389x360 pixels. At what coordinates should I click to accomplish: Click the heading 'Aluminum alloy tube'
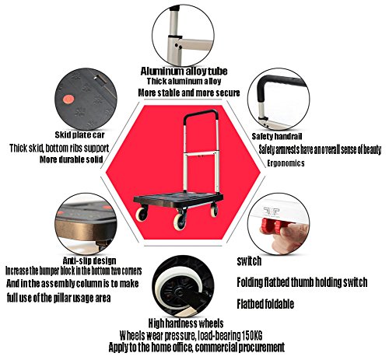point(184,71)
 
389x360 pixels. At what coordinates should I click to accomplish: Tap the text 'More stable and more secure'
point(189,93)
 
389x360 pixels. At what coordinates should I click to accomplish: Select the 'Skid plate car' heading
point(79,135)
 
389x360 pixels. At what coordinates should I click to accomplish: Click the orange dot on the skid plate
point(68,100)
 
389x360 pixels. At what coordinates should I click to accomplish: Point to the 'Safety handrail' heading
point(277,136)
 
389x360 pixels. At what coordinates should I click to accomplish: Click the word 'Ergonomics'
point(286,163)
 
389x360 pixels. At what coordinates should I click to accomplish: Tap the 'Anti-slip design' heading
point(89,260)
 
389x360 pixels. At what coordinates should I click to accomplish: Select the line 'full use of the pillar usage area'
point(59,298)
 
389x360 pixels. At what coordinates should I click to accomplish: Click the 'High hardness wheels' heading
point(186,323)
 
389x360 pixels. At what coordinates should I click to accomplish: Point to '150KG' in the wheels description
point(252,336)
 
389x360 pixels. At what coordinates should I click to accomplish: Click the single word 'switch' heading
point(249,261)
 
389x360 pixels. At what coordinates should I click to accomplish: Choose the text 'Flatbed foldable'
point(265,304)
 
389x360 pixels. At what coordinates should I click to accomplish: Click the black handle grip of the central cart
point(200,113)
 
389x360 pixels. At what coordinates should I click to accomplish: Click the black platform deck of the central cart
point(178,200)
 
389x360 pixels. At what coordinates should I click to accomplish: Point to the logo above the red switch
point(272,211)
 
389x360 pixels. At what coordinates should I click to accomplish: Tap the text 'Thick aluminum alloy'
point(184,82)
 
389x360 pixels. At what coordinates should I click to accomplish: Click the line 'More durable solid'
point(72,159)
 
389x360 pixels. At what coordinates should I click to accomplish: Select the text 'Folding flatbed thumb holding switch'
point(302,282)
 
